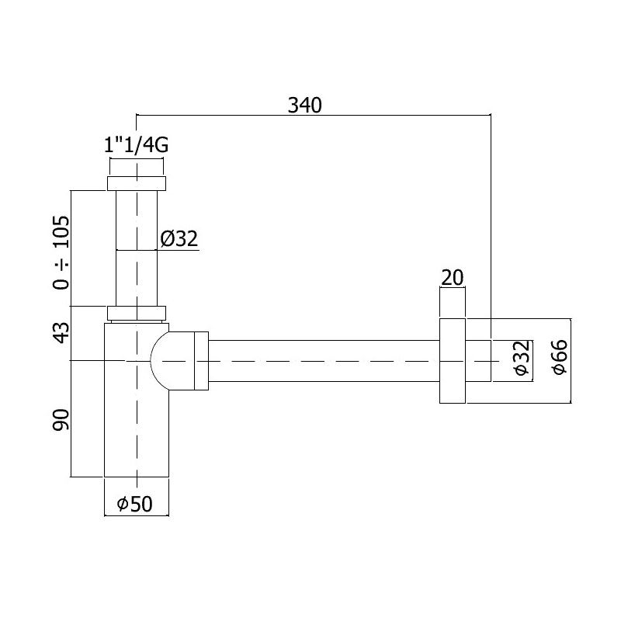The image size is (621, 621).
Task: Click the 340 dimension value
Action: click(304, 104)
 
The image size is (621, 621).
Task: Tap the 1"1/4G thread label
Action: click(137, 145)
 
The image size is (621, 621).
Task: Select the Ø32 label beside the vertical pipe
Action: click(180, 239)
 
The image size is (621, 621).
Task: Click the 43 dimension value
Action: click(62, 335)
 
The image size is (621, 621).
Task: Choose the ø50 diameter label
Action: click(137, 505)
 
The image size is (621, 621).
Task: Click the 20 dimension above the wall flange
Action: click(452, 278)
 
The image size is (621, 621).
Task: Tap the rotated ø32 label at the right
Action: click(522, 359)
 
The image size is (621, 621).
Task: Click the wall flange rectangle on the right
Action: click(452, 360)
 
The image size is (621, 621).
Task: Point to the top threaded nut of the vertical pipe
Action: click(137, 183)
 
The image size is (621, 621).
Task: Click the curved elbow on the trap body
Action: click(161, 360)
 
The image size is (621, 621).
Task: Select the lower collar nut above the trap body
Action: click(137, 313)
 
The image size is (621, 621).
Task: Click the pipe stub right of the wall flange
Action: click(477, 360)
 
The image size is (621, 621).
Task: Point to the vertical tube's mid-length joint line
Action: click(137, 250)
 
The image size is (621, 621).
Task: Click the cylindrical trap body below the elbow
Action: click(137, 435)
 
